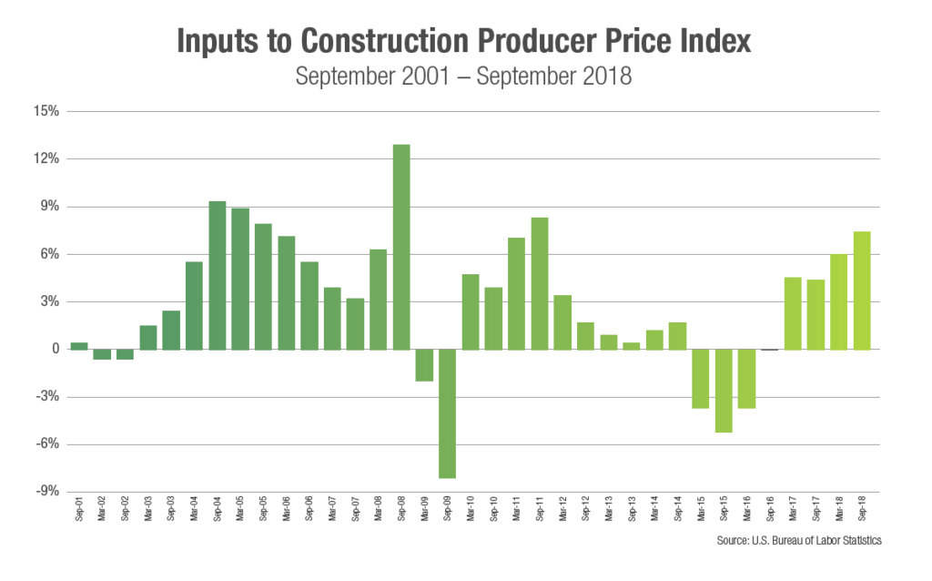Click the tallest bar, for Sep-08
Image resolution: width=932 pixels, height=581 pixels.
tap(401, 247)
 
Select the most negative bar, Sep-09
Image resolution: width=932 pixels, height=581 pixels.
tap(447, 413)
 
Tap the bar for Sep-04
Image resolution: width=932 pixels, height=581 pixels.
tap(217, 275)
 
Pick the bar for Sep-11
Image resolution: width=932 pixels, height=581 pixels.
tap(539, 283)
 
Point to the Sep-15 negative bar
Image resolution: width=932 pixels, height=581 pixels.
tap(723, 391)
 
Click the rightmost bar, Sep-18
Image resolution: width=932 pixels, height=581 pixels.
tap(861, 290)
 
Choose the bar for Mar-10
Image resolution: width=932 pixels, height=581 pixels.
tap(470, 311)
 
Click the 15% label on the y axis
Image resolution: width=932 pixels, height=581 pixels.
tap(48, 112)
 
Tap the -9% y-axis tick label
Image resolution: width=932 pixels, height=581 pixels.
tap(48, 492)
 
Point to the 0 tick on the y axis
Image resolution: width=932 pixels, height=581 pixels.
tap(55, 350)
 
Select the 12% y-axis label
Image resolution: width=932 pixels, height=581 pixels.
tap(48, 159)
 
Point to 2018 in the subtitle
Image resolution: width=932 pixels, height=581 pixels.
tap(605, 76)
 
